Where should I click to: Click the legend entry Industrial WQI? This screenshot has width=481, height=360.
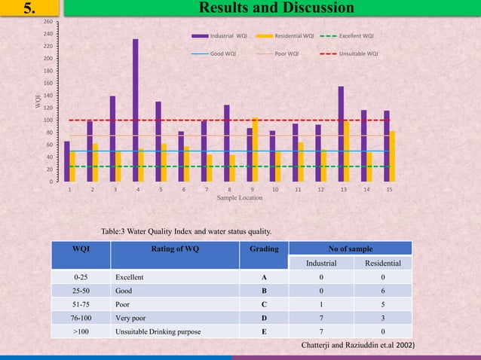[x=219, y=35]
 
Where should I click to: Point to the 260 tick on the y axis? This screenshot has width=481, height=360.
[x=49, y=22]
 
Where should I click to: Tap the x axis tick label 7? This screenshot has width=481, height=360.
[x=206, y=190]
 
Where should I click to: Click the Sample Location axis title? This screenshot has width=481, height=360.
[x=240, y=198]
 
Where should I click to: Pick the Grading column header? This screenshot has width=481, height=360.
[x=264, y=249]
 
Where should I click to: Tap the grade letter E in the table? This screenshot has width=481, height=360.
[x=263, y=329]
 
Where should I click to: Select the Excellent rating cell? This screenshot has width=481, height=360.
[x=131, y=277]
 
